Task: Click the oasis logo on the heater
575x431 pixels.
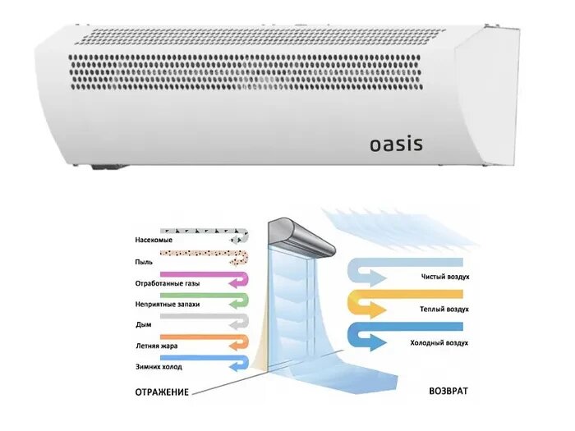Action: (395, 144)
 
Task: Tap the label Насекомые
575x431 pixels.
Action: (153, 241)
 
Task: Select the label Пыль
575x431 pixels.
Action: (144, 262)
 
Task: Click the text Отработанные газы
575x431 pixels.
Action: (167, 283)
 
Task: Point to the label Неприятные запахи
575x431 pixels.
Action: (167, 304)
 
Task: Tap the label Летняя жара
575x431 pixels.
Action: (156, 346)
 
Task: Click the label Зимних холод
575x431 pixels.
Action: (157, 366)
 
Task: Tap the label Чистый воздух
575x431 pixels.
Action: (444, 277)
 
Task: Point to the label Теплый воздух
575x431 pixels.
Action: (444, 309)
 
